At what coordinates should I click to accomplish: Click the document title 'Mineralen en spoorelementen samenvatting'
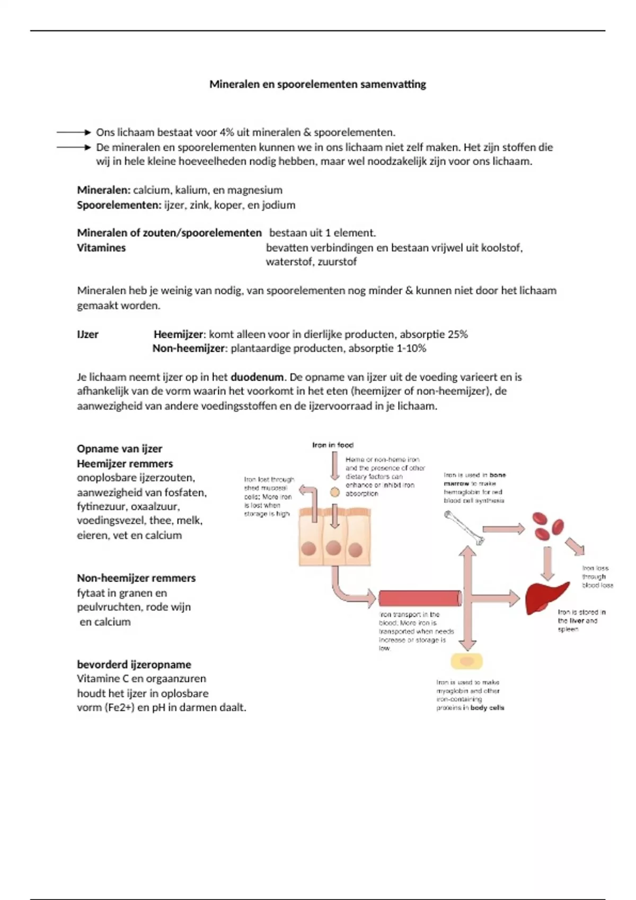(x=317, y=84)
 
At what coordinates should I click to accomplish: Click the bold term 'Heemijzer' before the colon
(x=178, y=335)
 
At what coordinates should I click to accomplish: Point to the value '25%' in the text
(x=457, y=335)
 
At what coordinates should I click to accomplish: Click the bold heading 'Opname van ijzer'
(x=119, y=449)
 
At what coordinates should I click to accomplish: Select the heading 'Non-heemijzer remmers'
(x=136, y=578)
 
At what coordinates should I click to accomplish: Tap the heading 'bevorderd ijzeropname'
(x=134, y=664)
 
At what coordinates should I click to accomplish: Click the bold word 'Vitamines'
(x=101, y=248)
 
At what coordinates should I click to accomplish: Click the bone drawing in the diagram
(x=464, y=527)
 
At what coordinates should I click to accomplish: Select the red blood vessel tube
(x=420, y=598)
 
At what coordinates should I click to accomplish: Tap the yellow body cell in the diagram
(x=466, y=662)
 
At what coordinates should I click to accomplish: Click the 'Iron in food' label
(x=333, y=445)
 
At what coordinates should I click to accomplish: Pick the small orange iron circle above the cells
(x=334, y=492)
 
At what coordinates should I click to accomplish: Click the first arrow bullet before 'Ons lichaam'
(x=74, y=132)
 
